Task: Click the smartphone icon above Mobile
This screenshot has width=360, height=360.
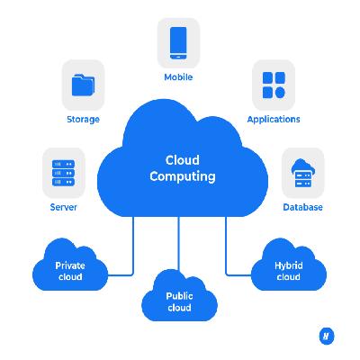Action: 178,43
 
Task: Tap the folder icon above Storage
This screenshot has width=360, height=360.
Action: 83,85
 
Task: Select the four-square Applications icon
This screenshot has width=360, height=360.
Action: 274,85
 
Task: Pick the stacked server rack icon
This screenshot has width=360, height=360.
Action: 63,173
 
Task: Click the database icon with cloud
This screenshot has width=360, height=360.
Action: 303,173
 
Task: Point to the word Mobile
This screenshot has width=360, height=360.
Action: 178,77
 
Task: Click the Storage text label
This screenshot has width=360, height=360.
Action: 83,120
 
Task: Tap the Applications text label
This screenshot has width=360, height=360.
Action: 274,120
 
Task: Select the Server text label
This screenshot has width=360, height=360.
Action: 63,207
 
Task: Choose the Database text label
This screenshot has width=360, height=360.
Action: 303,207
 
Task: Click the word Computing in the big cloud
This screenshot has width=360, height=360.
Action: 183,176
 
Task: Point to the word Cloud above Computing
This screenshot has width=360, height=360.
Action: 183,160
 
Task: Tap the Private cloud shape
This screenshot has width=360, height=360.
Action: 70,265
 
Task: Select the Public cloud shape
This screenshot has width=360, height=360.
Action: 179,296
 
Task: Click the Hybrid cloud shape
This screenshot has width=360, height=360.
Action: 289,265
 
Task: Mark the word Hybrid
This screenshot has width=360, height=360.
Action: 289,265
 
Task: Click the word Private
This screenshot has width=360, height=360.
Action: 70,265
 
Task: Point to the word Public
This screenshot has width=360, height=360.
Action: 179,296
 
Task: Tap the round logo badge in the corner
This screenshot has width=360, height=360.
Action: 326,337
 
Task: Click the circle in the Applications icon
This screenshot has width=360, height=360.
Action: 280,93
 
